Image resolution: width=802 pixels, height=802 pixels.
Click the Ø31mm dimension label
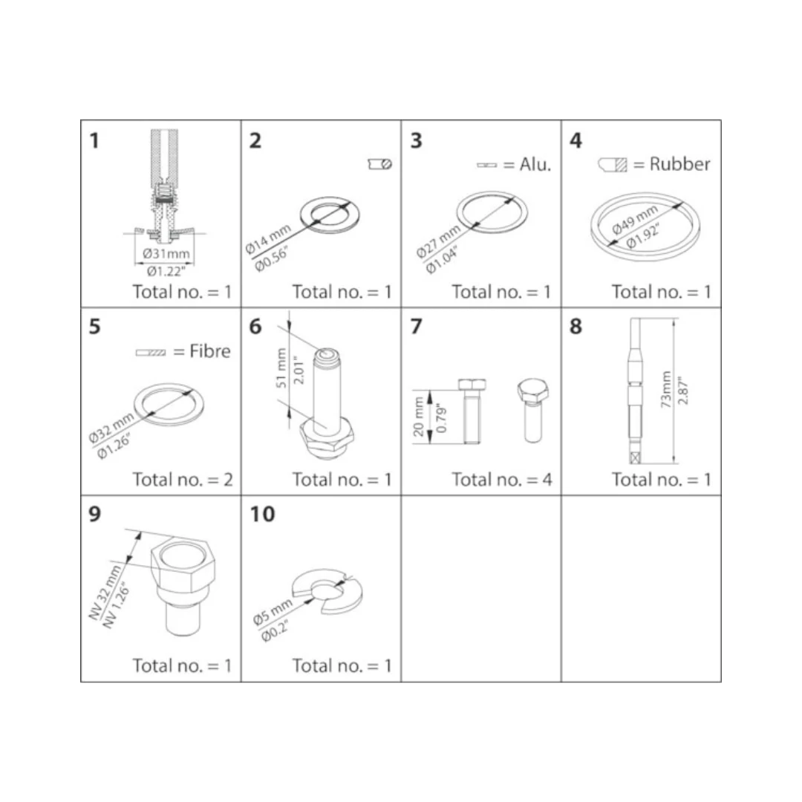pyautogui.click(x=166, y=253)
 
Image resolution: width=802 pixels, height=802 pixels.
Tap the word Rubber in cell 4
pyautogui.click(x=679, y=164)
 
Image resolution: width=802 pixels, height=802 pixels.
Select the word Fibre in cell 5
pyautogui.click(x=209, y=351)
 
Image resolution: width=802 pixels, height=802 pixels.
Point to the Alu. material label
pyautogui.click(x=535, y=164)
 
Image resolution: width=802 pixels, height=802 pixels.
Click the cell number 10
pyautogui.click(x=262, y=514)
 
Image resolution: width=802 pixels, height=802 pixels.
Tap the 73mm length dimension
pyautogui.click(x=665, y=389)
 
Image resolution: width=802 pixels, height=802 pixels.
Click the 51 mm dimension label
pyautogui.click(x=281, y=368)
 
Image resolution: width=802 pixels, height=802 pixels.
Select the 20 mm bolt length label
pyautogui.click(x=418, y=417)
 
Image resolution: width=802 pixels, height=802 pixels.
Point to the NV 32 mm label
pyautogui.click(x=105, y=593)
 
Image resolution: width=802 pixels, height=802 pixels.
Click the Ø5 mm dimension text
pyautogui.click(x=272, y=612)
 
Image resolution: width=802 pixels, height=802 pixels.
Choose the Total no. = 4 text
pyautogui.click(x=502, y=479)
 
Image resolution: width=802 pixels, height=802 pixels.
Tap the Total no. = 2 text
pyautogui.click(x=183, y=479)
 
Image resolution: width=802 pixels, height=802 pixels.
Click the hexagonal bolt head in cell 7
pyautogui.click(x=532, y=391)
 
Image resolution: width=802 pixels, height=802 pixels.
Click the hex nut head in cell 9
pyautogui.click(x=183, y=566)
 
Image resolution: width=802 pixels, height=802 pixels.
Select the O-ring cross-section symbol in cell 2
pyautogui.click(x=380, y=163)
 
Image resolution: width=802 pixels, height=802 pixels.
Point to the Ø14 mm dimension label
pyautogui.click(x=267, y=239)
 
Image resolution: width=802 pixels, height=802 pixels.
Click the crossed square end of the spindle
pyautogui.click(x=635, y=457)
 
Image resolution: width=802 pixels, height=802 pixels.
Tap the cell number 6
pyautogui.click(x=255, y=326)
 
